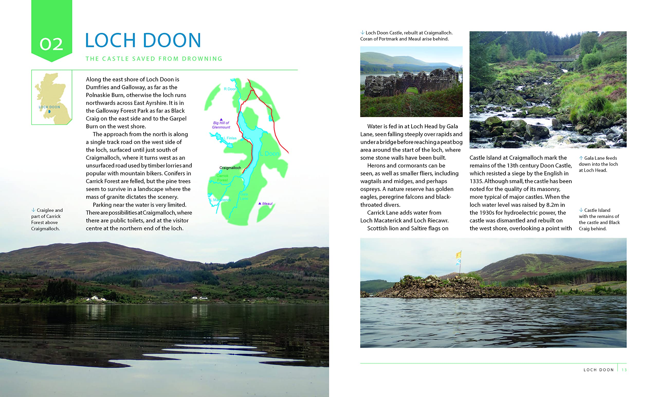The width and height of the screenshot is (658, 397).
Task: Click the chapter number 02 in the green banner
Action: pyautogui.click(x=51, y=44)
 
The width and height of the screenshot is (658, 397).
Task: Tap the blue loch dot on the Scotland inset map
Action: pyautogui.click(x=49, y=111)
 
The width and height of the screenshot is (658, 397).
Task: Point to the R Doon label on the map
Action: pyautogui.click(x=230, y=89)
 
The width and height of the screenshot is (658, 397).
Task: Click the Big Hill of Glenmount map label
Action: pyautogui.click(x=221, y=125)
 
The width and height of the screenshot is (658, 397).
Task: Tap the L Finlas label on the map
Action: pyautogui.click(x=230, y=138)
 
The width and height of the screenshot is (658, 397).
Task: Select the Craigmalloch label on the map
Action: pyautogui.click(x=230, y=168)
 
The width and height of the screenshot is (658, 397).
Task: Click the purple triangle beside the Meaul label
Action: pyautogui.click(x=260, y=203)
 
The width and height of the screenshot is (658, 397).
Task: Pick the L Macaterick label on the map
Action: pyautogui.click(x=221, y=200)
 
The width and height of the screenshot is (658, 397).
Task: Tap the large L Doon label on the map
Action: pyautogui.click(x=269, y=154)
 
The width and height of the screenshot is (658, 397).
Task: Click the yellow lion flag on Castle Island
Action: pyautogui.click(x=459, y=254)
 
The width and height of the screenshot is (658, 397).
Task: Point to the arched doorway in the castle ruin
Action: pyautogui.click(x=413, y=89)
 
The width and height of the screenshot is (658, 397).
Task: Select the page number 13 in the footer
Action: pyautogui.click(x=624, y=370)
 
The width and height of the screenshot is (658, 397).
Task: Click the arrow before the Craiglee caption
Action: pyautogui.click(x=33, y=210)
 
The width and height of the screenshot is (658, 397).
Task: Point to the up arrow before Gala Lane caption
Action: pyautogui.click(x=581, y=158)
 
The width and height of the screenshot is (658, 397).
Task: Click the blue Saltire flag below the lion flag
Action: pyautogui.click(x=458, y=262)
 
